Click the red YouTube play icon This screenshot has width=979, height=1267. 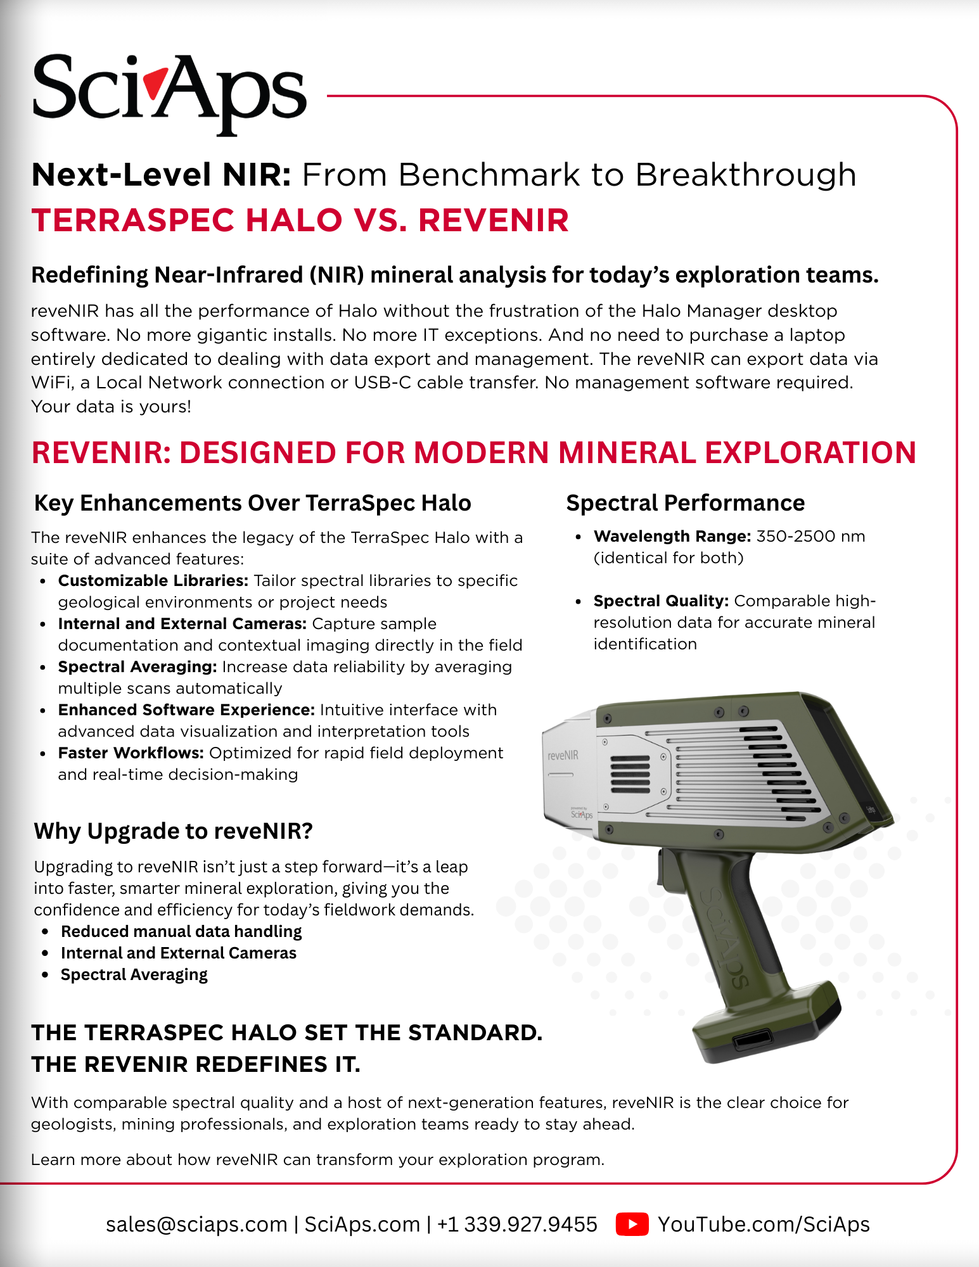632,1224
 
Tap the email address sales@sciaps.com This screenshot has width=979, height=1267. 196,1224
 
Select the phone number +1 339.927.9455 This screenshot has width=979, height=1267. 517,1224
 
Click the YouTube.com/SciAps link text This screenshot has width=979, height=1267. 764,1224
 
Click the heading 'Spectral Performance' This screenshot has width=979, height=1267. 685,503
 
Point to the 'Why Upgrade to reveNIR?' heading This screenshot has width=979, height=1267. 173,831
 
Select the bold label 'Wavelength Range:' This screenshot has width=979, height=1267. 672,537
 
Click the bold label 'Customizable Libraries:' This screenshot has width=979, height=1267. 153,581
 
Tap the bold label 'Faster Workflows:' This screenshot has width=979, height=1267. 131,753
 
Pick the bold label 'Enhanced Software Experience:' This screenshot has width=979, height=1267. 186,710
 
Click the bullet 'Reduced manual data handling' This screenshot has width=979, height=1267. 181,931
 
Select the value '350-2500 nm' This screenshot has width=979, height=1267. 810,537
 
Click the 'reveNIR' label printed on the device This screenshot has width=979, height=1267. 563,755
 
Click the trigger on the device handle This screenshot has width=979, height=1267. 663,868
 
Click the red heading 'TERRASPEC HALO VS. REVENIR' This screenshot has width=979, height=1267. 300,220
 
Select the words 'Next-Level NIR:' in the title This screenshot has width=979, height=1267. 161,175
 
